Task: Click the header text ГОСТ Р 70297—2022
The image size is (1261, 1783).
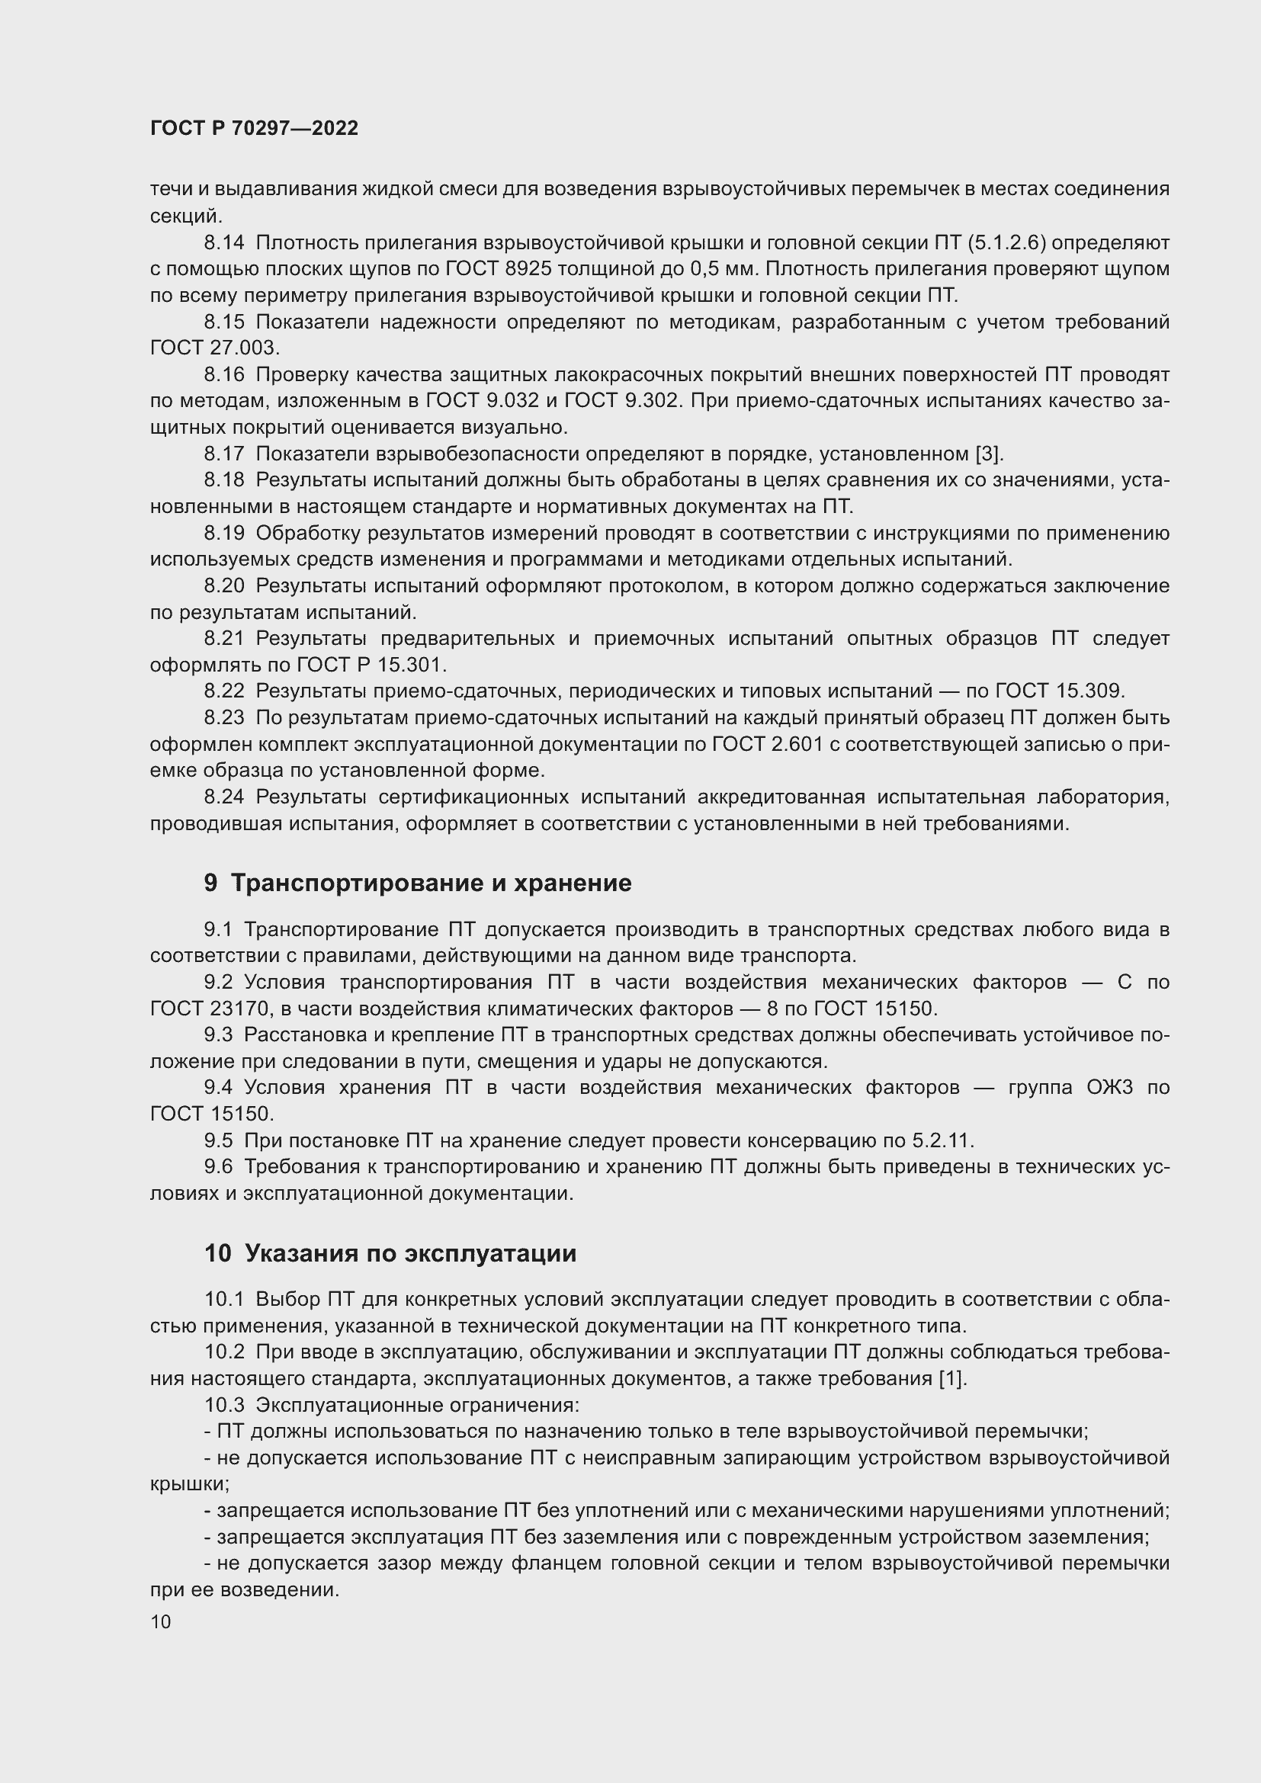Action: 254,129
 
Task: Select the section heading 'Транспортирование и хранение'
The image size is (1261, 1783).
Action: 431,883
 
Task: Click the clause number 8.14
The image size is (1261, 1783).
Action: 223,243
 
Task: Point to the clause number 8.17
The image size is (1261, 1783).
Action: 223,454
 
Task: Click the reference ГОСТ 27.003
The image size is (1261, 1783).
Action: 214,348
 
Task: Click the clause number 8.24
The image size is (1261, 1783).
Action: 223,797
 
